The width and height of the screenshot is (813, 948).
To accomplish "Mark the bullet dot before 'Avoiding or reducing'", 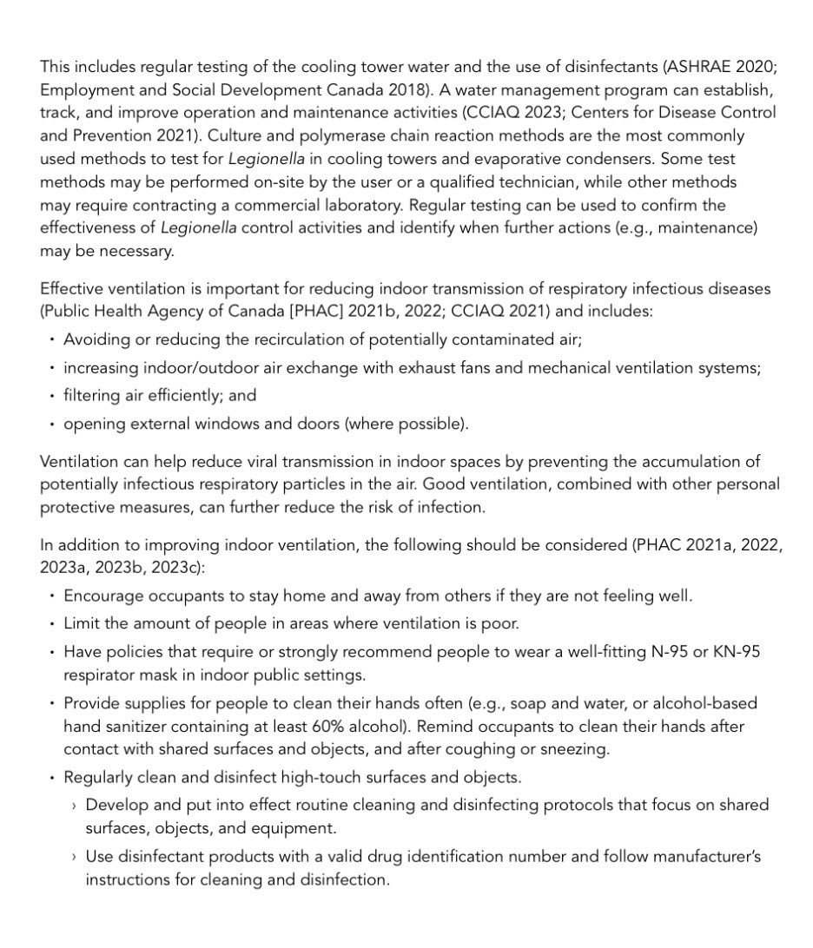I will (51, 339).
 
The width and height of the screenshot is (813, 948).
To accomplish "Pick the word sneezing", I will (577, 748).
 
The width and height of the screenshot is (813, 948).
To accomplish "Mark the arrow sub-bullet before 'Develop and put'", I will (74, 806).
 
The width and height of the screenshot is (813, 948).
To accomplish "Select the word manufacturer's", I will (708, 856).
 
